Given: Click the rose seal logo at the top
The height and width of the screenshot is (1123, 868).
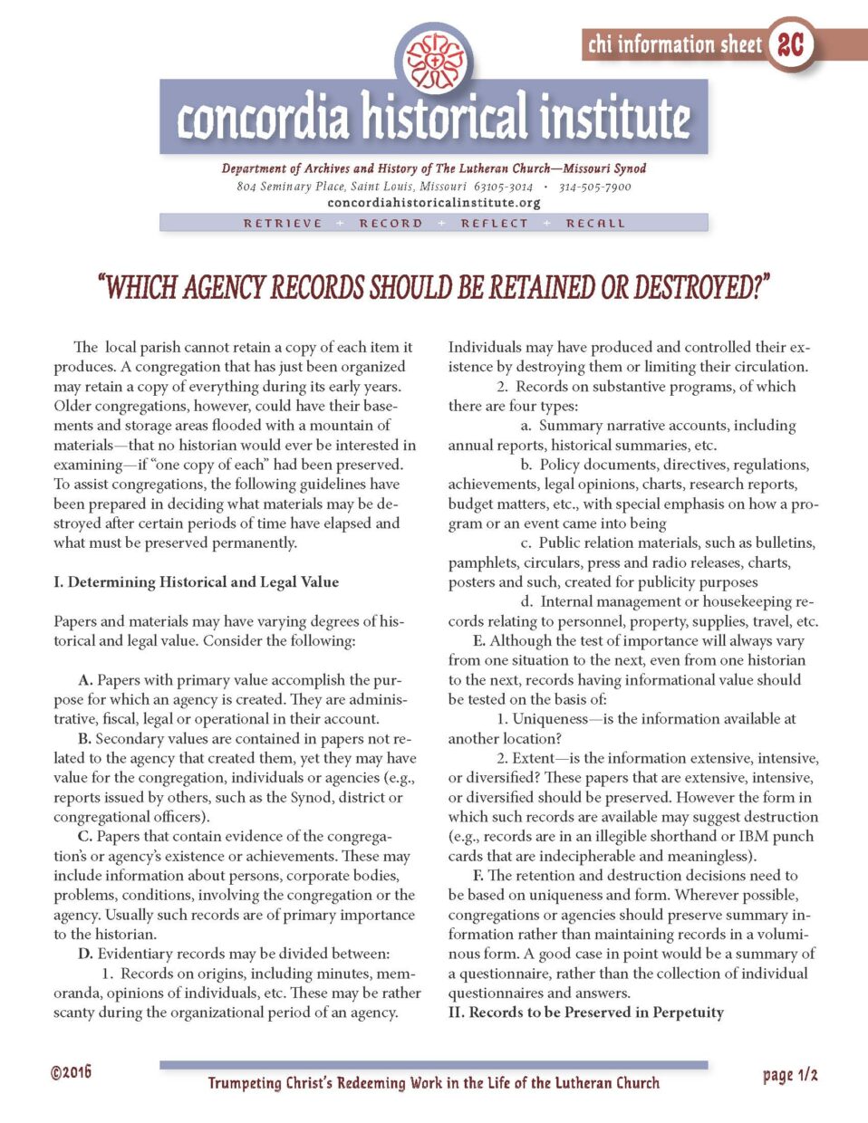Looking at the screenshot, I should click(x=435, y=60).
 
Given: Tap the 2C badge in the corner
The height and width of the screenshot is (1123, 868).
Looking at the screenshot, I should click(x=790, y=44).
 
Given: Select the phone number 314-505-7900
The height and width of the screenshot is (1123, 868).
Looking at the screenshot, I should click(x=594, y=187).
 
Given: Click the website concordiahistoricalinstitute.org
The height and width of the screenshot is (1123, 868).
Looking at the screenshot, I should click(x=434, y=203).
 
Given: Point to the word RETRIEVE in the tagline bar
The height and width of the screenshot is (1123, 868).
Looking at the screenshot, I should click(x=283, y=223).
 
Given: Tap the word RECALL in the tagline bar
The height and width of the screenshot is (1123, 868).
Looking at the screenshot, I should click(x=595, y=223).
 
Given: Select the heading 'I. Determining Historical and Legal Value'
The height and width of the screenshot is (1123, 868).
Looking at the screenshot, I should click(x=196, y=581).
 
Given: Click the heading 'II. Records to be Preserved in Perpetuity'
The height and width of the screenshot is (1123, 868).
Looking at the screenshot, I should click(x=586, y=1013).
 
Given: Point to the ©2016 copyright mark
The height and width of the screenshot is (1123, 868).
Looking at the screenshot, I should click(x=71, y=1073).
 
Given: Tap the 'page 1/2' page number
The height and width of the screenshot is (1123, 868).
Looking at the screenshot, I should click(x=790, y=1075).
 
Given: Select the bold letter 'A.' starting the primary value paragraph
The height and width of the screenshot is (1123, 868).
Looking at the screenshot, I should click(x=86, y=679).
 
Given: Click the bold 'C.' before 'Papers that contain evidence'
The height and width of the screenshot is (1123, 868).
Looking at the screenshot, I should click(x=85, y=836).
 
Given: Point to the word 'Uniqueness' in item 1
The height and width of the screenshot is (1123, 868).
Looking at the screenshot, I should click(x=550, y=718).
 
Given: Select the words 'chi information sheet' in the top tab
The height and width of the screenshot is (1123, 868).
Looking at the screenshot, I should click(x=675, y=44).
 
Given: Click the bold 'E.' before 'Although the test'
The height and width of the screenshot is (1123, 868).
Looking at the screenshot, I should click(x=479, y=640).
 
